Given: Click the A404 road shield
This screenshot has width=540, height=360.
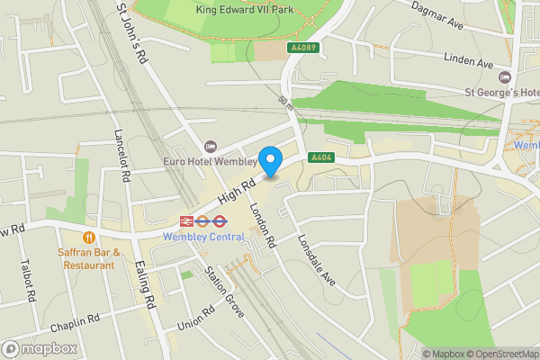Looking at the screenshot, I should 321,157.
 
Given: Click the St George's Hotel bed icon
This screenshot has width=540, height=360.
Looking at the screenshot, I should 505,76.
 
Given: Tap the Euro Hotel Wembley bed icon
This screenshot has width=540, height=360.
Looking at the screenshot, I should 211,146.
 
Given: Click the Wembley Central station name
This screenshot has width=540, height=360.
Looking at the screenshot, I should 203,237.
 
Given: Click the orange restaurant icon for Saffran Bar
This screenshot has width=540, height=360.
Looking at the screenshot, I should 88,237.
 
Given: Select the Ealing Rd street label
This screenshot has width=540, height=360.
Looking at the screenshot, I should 145,282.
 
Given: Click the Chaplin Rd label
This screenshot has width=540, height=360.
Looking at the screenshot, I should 75,324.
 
